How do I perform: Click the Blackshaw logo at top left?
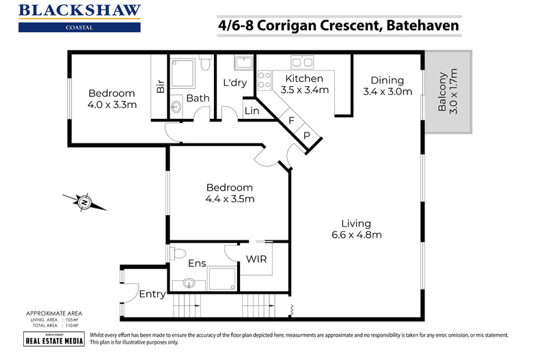click(x=80, y=17)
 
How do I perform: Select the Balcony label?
click(x=447, y=92)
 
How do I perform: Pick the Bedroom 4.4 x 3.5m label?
click(x=229, y=193)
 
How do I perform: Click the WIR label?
click(x=256, y=260)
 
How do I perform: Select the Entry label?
click(x=152, y=294)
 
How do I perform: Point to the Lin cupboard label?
click(x=251, y=110)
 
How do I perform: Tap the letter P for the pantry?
click(x=307, y=135)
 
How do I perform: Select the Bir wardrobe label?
click(x=161, y=87)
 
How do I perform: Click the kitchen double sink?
click(x=301, y=63)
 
